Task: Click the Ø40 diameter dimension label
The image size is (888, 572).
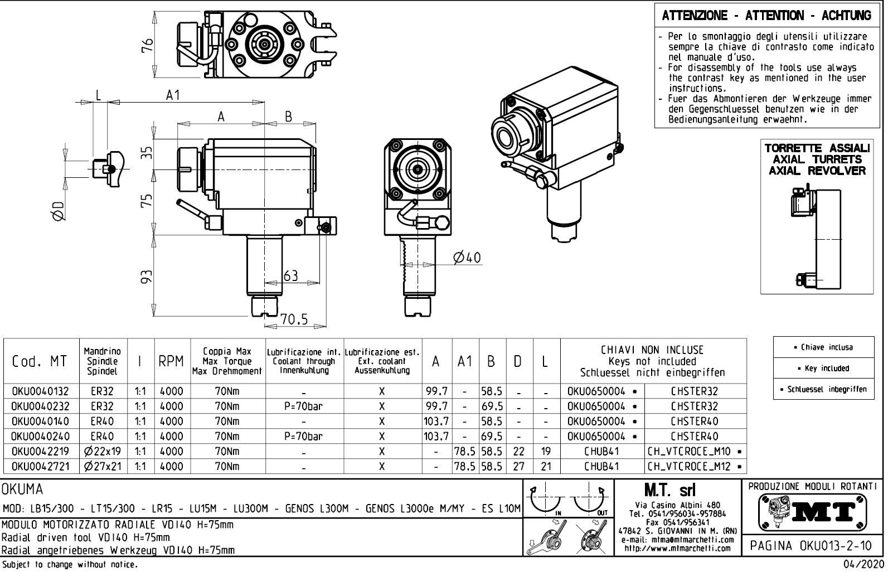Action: (467, 257)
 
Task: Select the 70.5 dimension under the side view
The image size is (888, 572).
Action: (294, 319)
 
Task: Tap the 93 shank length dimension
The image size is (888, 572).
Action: (146, 277)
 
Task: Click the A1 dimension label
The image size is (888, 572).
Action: (173, 95)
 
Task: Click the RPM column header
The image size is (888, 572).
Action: (171, 361)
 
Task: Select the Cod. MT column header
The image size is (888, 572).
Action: (39, 361)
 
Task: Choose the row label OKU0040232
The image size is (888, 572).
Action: (40, 406)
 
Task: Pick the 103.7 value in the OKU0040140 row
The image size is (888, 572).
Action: (436, 421)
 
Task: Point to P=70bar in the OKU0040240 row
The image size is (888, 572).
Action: (303, 437)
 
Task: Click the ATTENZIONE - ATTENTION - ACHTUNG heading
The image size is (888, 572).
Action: (766, 16)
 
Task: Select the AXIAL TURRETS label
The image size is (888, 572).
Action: (817, 159)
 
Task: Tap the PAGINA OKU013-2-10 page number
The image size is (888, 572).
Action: (813, 545)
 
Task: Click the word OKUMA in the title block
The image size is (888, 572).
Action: (23, 490)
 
